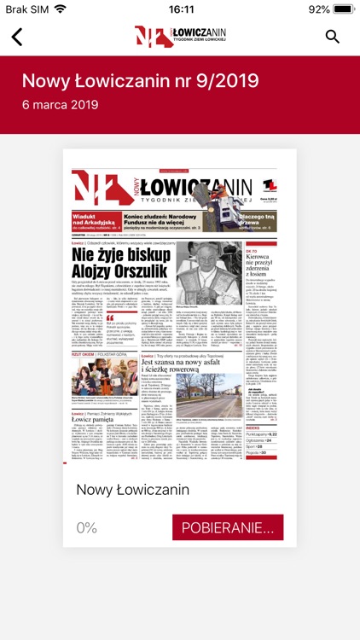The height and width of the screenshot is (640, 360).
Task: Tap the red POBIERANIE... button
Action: click(x=228, y=527)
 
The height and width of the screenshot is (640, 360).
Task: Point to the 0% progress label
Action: click(x=87, y=527)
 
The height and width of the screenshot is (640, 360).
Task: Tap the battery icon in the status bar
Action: click(x=342, y=9)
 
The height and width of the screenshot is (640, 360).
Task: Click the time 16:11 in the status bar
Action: click(x=180, y=9)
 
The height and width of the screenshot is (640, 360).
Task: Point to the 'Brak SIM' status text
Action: click(x=26, y=9)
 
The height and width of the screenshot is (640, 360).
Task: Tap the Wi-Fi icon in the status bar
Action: click(x=61, y=9)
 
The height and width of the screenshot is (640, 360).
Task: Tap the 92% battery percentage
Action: click(x=319, y=9)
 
